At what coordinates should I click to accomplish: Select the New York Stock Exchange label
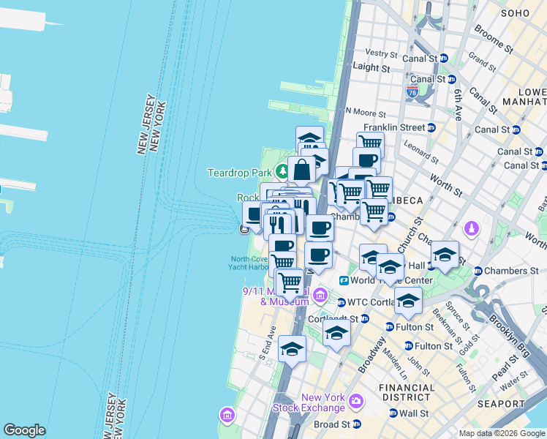(308, 402)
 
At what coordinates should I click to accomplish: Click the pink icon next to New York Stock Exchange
(356, 401)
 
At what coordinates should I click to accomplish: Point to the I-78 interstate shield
(412, 92)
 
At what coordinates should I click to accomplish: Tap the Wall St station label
(413, 413)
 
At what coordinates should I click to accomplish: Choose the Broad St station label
(332, 424)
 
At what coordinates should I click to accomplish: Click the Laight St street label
(371, 67)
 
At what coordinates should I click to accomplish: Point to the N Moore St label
(366, 113)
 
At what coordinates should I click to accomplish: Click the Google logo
(24, 430)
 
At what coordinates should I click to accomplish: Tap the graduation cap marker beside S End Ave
(292, 350)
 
